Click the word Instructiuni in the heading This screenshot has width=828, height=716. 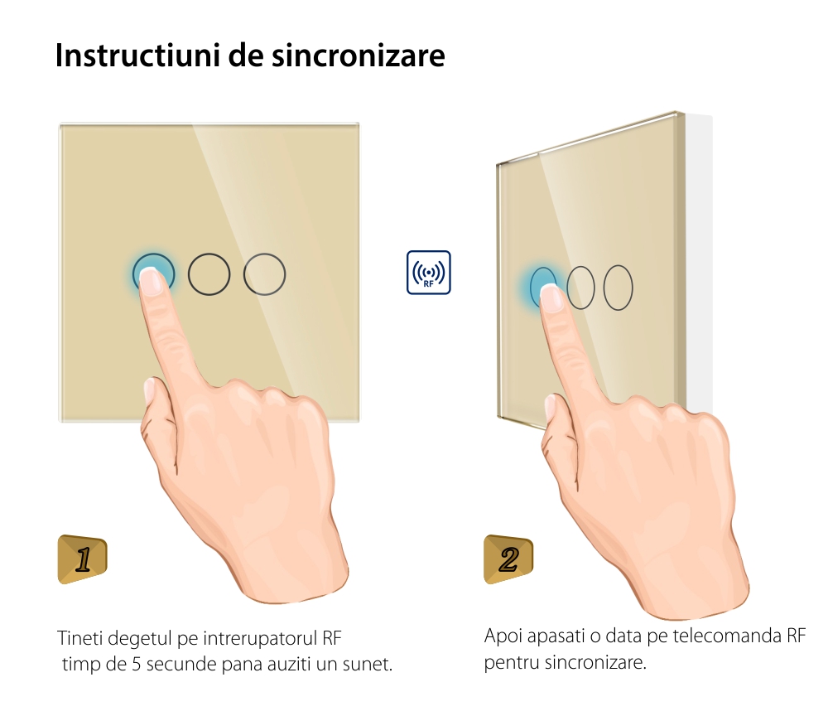[137, 55]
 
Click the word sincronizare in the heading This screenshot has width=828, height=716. [359, 55]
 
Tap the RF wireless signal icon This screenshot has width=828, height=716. [428, 272]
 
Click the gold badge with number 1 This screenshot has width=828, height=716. [82, 559]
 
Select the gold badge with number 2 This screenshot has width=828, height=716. [508, 559]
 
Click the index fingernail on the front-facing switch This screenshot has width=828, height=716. [151, 281]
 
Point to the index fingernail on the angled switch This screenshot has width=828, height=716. [551, 298]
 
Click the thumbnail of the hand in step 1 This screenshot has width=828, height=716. [149, 389]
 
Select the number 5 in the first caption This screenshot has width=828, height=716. [137, 665]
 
